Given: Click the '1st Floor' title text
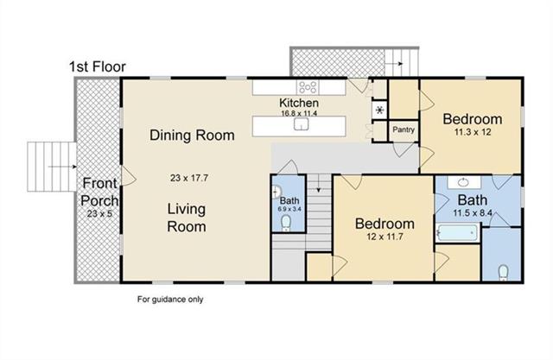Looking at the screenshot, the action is click(x=98, y=66).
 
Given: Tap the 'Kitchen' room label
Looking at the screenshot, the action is click(x=299, y=103).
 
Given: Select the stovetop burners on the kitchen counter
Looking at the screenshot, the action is click(x=308, y=86).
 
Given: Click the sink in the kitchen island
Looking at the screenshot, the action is click(x=302, y=124).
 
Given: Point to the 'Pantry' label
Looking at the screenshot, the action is click(x=404, y=129).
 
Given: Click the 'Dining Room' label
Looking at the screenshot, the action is click(x=192, y=136).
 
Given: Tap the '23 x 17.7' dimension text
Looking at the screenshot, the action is click(x=189, y=178).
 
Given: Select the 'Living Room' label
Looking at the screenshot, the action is click(x=187, y=218).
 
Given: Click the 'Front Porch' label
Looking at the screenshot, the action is click(x=99, y=192).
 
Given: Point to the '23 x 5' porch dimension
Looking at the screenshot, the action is click(x=99, y=213).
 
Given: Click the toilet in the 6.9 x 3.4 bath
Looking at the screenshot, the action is click(x=286, y=223).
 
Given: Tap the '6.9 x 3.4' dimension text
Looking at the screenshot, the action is click(x=289, y=209).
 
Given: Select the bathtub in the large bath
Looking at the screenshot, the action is click(x=457, y=232).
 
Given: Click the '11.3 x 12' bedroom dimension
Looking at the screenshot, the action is click(x=473, y=132).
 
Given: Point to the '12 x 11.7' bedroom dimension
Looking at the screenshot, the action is click(x=385, y=237).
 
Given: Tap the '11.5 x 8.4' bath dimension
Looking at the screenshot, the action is click(x=473, y=212).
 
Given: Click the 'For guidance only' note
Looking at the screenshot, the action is click(x=170, y=300).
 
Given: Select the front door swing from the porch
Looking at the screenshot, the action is click(x=129, y=175).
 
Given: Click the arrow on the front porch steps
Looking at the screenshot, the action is click(x=63, y=167).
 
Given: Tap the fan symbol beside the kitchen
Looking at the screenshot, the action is click(x=380, y=111).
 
